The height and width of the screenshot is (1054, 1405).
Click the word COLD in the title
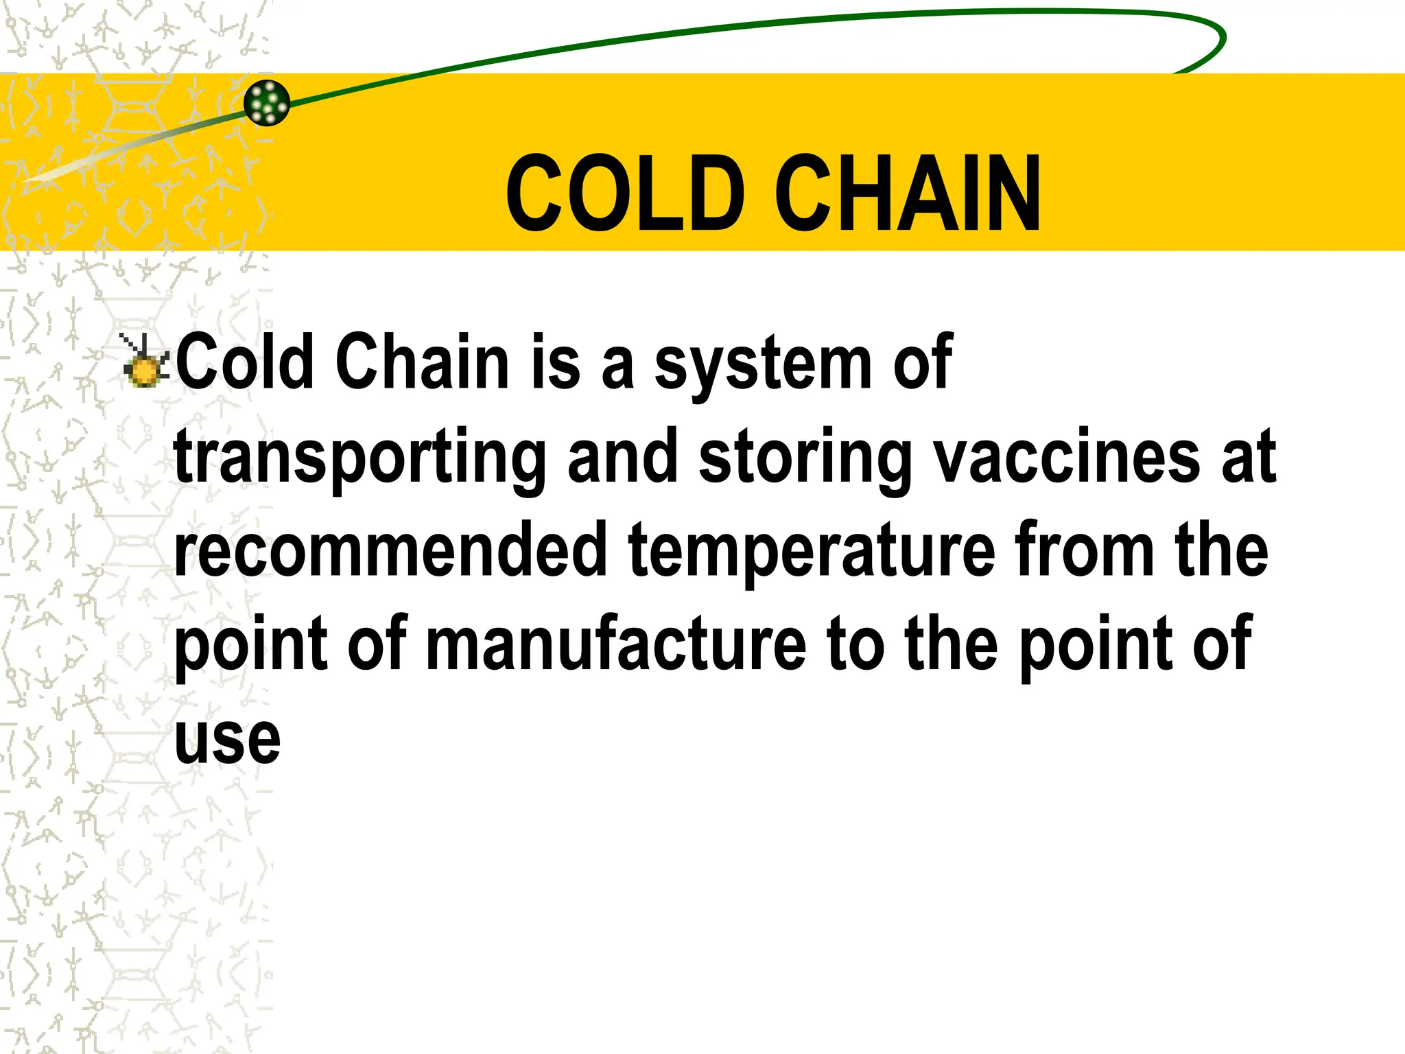click(625, 194)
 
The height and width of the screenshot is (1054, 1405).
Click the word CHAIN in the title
click(908, 194)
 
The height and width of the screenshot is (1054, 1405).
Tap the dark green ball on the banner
click(267, 103)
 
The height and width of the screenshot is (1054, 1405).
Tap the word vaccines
click(1067, 456)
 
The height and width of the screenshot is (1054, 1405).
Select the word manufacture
click(615, 643)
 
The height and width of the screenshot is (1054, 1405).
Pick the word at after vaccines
click(1249, 457)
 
